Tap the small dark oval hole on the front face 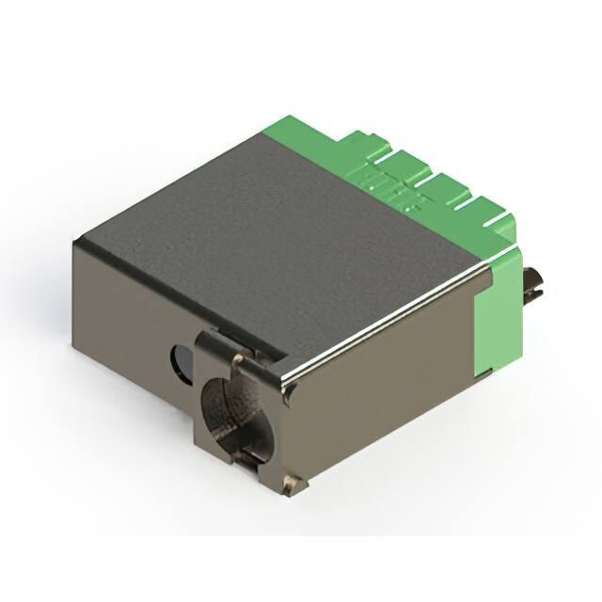[x=178, y=358]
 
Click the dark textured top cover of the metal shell [x=282, y=216]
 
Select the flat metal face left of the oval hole [x=122, y=310]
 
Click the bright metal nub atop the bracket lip [x=239, y=358]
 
